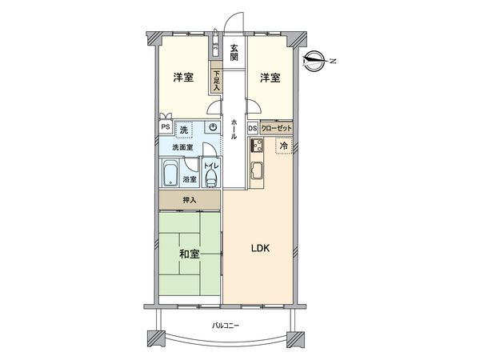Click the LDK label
pos(262,248)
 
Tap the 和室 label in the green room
pos(189,254)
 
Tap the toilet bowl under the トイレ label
pos(210,179)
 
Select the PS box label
pos(165,127)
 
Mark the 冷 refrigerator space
pos(284,146)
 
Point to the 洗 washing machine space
pos(185,129)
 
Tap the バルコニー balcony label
pos(227,325)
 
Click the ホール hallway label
pos(234,128)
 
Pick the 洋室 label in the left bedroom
pos(183,78)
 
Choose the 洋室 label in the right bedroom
pos(270,78)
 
